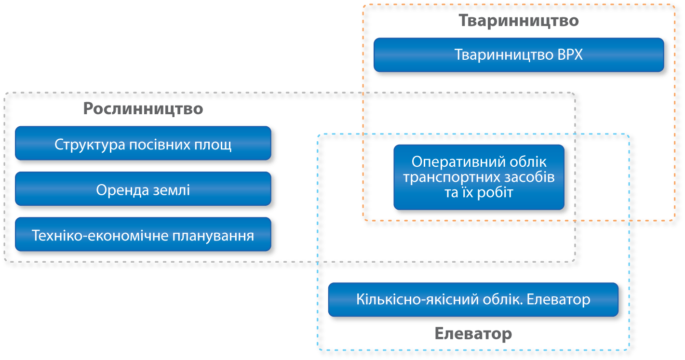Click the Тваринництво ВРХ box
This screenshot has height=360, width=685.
tap(518, 55)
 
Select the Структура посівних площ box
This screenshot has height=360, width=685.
tap(143, 144)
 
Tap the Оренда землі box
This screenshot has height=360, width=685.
tap(143, 190)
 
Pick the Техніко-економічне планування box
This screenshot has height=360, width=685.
tap(143, 236)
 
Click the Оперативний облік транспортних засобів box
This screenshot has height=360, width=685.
tap(479, 177)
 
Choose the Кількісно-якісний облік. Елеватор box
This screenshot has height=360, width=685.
tap(473, 299)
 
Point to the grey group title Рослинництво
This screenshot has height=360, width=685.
tap(143, 109)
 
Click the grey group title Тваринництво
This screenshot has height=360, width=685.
tap(518, 21)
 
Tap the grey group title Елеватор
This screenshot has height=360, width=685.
tap(473, 333)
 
